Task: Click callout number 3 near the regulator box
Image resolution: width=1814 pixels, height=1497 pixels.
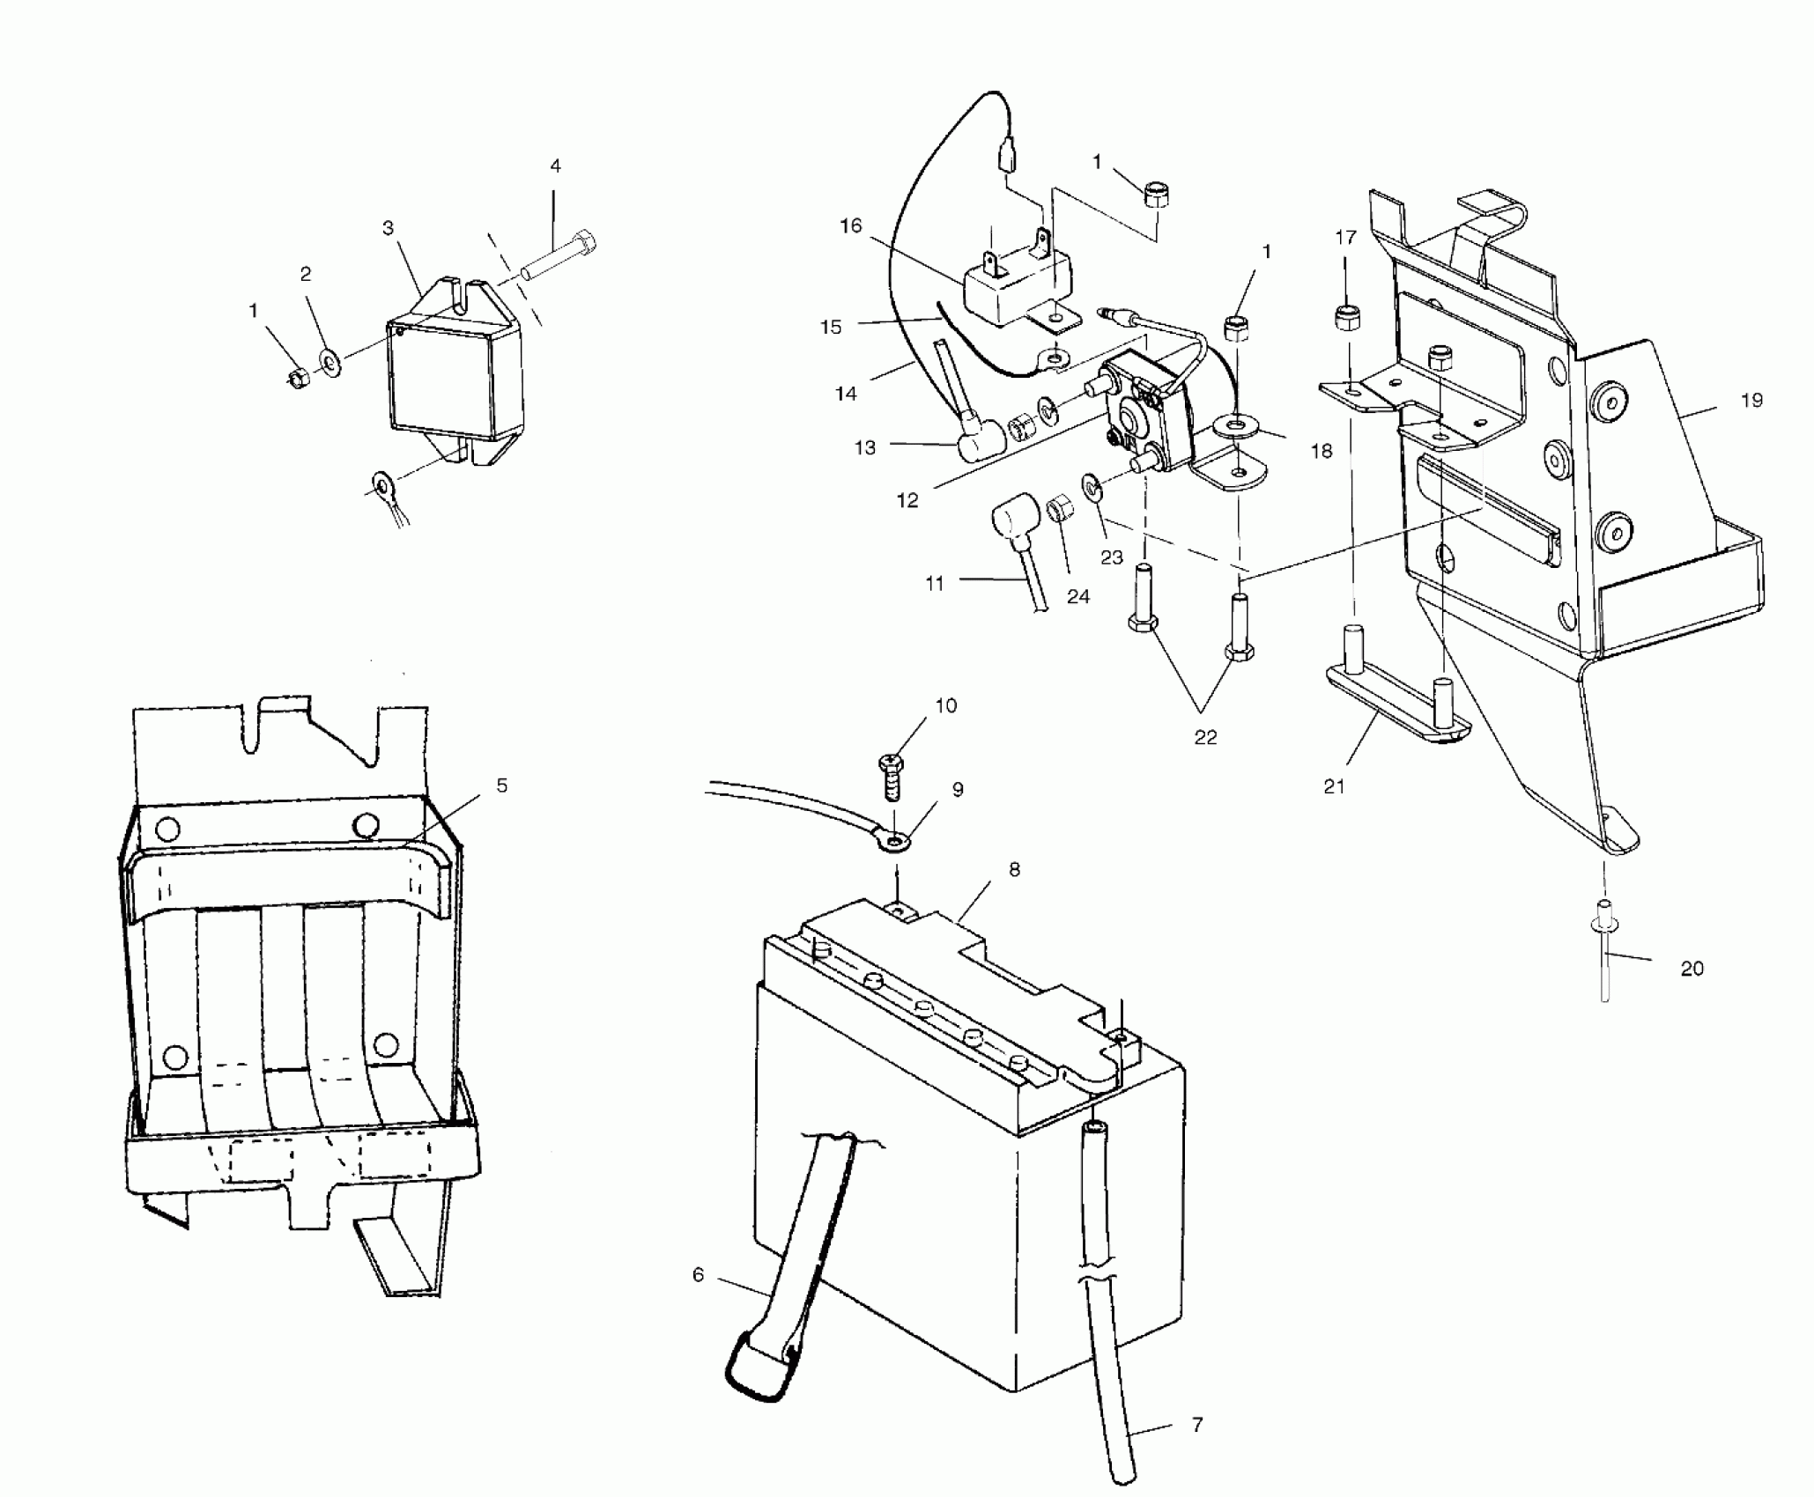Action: [x=388, y=229]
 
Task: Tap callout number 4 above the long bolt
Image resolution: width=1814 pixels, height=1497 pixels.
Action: [x=555, y=166]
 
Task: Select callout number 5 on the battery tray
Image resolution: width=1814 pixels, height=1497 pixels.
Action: [x=502, y=785]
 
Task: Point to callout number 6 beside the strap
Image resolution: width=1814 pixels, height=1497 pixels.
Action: [x=699, y=1274]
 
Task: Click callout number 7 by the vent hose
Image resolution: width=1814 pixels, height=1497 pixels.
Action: [x=1197, y=1424]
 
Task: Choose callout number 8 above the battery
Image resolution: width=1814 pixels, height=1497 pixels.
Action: [x=1015, y=869]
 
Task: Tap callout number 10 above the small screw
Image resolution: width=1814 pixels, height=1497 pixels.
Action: [x=946, y=705]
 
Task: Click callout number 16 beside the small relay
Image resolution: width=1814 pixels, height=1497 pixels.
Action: [x=851, y=226]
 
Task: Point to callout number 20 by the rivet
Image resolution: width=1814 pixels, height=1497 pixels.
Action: [x=1692, y=969]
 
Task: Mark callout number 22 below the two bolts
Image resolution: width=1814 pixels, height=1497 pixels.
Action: [x=1205, y=737]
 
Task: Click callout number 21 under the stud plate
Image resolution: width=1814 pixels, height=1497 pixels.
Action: [x=1335, y=786]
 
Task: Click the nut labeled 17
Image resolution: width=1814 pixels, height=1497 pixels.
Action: [x=1346, y=316]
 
